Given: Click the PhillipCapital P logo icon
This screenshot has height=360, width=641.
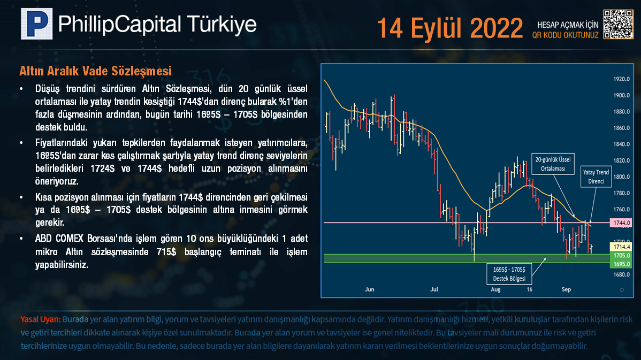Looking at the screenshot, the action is (x=37, y=24).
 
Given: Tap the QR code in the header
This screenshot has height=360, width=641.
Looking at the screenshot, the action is (x=618, y=24).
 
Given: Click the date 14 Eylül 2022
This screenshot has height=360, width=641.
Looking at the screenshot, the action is (x=449, y=28).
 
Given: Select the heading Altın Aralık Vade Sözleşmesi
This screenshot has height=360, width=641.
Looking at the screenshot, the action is (x=95, y=71).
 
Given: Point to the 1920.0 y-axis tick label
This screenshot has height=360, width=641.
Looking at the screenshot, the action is (x=621, y=79).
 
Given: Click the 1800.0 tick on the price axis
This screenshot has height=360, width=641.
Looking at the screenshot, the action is (x=621, y=177).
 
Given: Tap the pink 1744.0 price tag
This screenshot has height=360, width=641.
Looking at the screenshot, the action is (x=621, y=223).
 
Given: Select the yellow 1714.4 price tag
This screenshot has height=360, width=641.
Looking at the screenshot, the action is (x=621, y=247).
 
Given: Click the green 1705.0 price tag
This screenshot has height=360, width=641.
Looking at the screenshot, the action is (x=621, y=255).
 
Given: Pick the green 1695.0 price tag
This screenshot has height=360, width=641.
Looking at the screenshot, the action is (x=621, y=264).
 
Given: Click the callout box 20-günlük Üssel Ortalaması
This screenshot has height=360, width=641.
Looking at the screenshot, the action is (x=553, y=164).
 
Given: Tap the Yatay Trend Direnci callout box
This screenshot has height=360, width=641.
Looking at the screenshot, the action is (x=596, y=177).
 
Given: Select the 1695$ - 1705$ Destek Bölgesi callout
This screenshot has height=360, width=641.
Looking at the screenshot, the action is (x=509, y=274).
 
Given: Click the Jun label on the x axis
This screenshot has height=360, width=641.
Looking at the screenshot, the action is (x=369, y=289).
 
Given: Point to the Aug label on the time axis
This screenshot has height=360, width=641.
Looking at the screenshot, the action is (x=495, y=289).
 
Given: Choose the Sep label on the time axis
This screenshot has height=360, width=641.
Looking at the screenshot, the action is (x=566, y=289).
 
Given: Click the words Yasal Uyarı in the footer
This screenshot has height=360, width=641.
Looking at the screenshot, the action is (x=41, y=319).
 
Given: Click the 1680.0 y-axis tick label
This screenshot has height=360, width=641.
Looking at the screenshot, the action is (x=621, y=274).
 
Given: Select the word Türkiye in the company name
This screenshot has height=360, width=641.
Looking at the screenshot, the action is (x=222, y=24).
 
